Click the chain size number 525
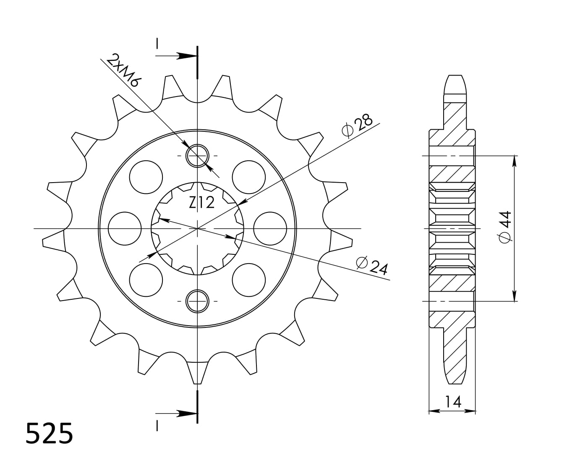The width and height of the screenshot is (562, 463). point(49,434)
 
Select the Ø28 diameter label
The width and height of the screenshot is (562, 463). point(357,126)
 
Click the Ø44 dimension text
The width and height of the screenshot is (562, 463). point(504,227)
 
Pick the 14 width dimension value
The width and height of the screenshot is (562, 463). point(453,402)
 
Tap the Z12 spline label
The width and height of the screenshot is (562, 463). point(201,203)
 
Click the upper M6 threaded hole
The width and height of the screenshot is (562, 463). point(197,156)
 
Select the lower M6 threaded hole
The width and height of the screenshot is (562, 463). point(197,301)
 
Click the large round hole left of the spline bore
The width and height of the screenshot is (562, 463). point(124,228)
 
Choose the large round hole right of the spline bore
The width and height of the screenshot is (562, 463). point(270,228)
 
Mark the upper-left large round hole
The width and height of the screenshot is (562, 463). point(146,177)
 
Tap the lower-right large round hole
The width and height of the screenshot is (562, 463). point(249,280)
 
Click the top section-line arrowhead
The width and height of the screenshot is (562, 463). point(185,56)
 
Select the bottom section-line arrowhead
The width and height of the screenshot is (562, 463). point(185,413)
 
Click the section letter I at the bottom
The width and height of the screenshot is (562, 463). point(157,426)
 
